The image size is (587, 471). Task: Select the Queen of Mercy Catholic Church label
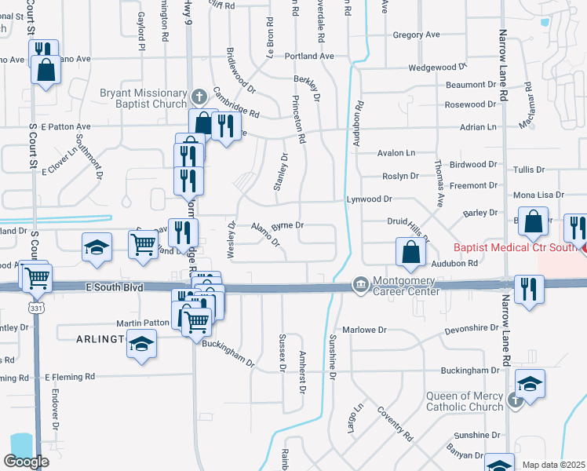pyautogui.click(x=465, y=401)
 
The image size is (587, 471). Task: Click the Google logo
pyautogui.click(x=26, y=461)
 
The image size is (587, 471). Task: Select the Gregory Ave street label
pyautogui.click(x=416, y=35)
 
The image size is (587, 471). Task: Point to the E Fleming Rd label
pyautogui.click(x=70, y=377)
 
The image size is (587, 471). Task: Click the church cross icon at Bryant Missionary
pyautogui.click(x=199, y=97)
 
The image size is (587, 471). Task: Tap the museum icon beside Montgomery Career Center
pyautogui.click(x=360, y=283)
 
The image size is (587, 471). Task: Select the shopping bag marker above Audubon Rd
pyautogui.click(x=410, y=253)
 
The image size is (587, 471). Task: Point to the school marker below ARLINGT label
pyautogui.click(x=141, y=345)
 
